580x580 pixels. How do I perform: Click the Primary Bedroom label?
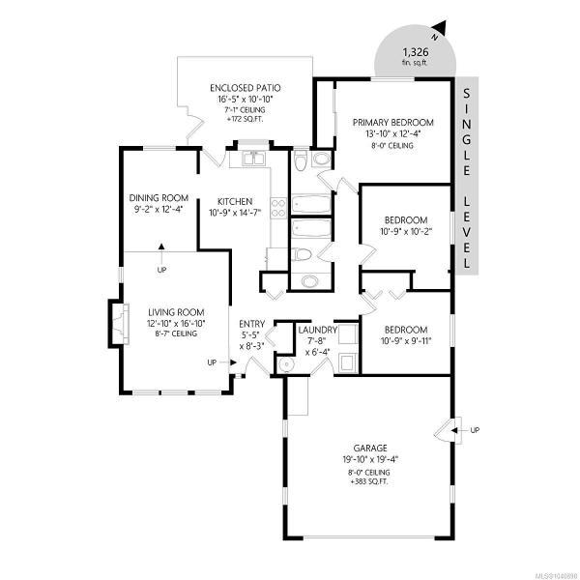[x=392, y=123]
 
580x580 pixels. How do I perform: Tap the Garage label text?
[x=370, y=448]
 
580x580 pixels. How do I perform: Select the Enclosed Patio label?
[x=246, y=88]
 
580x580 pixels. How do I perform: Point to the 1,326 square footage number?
[x=416, y=51]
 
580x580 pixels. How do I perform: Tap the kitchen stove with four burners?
[x=278, y=208]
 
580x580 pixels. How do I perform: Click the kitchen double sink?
[x=253, y=159]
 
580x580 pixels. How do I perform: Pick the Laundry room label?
[x=318, y=330]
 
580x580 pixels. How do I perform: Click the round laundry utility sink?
[x=286, y=364]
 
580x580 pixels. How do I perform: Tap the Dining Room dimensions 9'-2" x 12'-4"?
[x=159, y=210]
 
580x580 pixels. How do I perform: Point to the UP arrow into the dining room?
[x=161, y=253]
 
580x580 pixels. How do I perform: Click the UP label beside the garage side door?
[x=475, y=430]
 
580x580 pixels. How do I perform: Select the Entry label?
[x=252, y=324]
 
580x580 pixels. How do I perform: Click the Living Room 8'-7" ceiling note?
[x=176, y=334]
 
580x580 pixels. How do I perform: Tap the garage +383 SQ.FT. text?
[x=370, y=482]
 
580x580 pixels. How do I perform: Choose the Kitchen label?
[x=235, y=202]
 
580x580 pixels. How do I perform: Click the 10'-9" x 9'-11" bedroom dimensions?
[x=406, y=341]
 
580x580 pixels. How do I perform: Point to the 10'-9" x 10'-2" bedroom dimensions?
[x=406, y=232]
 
